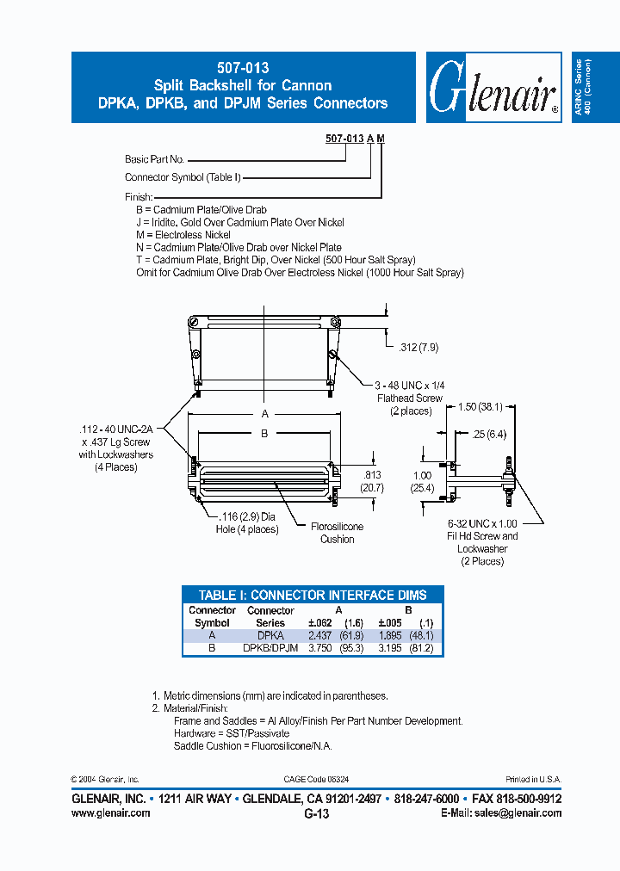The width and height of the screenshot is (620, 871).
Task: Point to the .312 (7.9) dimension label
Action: (418, 348)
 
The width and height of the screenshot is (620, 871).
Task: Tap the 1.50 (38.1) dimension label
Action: (478, 405)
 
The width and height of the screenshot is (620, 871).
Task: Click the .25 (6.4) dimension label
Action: (490, 435)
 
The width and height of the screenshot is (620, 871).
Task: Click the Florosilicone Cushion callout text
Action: (337, 533)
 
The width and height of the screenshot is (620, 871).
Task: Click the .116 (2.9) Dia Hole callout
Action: (247, 523)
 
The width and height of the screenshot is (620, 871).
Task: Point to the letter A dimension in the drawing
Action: (264, 414)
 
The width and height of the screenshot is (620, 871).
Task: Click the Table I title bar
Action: (313, 595)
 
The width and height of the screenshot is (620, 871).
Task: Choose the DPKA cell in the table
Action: (270, 635)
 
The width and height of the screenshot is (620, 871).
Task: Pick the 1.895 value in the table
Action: (393, 635)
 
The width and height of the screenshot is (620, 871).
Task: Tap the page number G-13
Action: (316, 813)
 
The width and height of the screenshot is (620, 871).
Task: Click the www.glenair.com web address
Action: (110, 812)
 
